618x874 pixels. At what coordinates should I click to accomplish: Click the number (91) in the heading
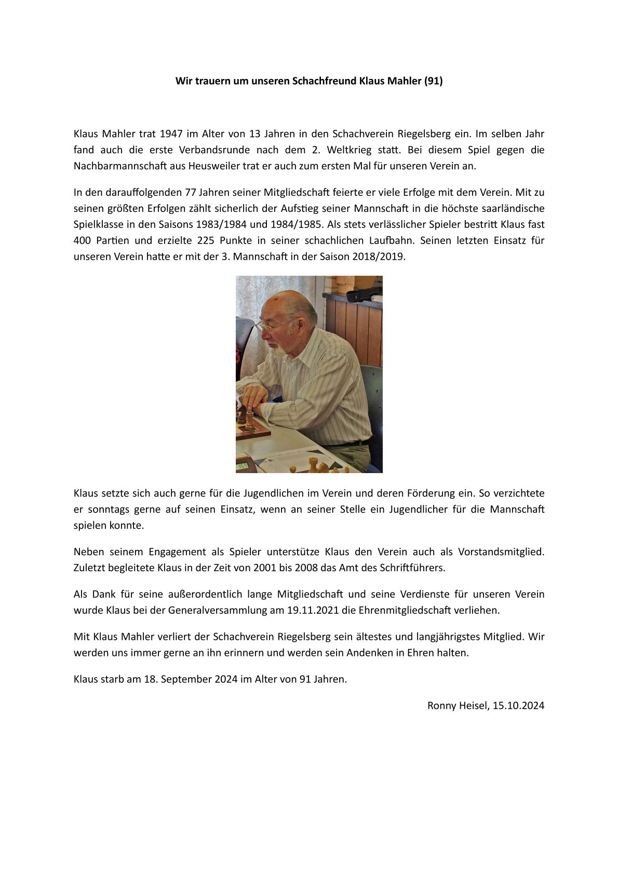click(433, 81)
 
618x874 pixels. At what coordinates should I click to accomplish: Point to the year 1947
click(171, 133)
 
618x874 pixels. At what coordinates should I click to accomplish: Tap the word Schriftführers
click(412, 568)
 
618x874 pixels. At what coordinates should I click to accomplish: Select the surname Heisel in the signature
click(473, 706)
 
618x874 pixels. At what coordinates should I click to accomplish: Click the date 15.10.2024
click(518, 706)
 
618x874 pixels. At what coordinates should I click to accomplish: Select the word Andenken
click(368, 653)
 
